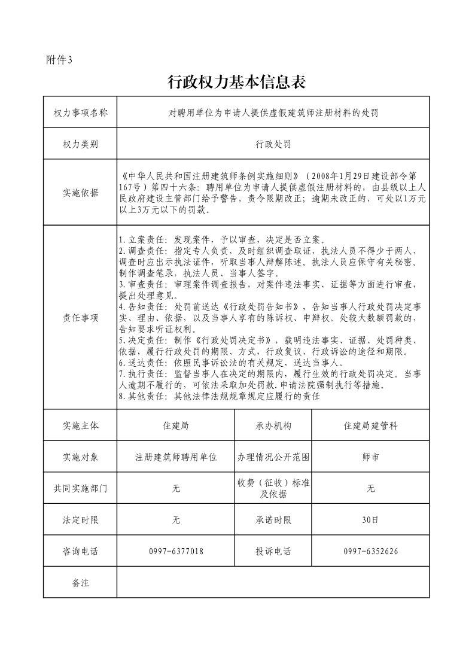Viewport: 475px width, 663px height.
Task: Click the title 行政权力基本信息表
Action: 237,82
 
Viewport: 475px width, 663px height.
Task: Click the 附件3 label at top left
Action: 59,59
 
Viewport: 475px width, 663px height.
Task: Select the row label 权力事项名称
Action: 80,112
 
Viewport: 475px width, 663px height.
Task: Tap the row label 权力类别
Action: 80,144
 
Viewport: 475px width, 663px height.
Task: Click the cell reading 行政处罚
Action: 273,144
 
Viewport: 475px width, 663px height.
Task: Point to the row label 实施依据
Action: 80,193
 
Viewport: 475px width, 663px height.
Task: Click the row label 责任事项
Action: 80,318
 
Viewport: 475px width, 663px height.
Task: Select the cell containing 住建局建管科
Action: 370,425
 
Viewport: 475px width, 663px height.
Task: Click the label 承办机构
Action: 273,425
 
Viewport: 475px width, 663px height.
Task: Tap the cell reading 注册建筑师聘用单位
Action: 176,457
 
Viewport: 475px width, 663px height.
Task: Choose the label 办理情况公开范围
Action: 273,457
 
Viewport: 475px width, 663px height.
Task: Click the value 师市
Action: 370,457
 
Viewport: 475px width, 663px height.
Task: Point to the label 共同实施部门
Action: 80,488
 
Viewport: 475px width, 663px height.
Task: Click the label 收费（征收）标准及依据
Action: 273,488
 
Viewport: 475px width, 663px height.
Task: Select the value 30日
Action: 370,520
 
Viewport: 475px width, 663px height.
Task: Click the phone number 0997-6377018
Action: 176,551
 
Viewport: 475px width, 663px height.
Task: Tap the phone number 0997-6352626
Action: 370,551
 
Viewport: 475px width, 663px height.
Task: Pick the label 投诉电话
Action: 273,551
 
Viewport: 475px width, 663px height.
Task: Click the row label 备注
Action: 80,582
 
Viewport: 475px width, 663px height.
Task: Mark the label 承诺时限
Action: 273,520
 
